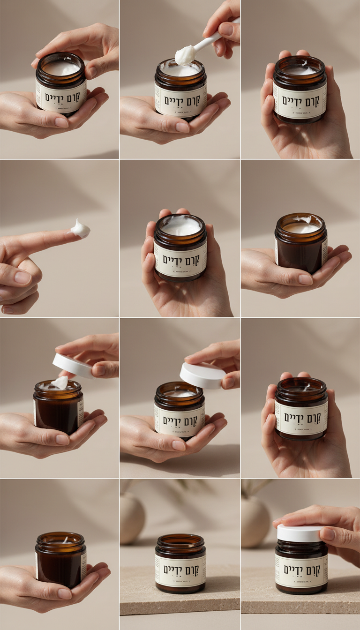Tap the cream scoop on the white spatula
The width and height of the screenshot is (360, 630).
click(x=185, y=55)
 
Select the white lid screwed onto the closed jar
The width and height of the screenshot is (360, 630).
click(x=300, y=533)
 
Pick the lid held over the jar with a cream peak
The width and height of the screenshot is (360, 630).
click(x=73, y=366)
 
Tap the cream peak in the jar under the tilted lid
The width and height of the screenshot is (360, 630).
click(x=60, y=382)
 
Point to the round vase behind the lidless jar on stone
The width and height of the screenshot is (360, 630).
click(x=132, y=517)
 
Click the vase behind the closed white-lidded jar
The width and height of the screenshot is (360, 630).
click(x=255, y=520)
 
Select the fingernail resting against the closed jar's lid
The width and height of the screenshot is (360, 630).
click(x=329, y=534)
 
